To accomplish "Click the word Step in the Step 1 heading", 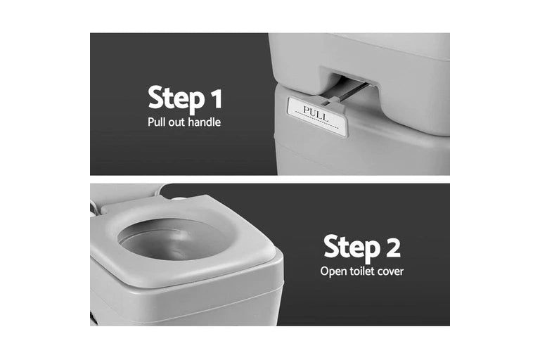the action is pos(176,99).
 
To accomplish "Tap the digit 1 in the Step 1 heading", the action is pos(217,98).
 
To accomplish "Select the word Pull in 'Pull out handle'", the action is pos(156,122).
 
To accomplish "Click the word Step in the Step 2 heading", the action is pos(352,247).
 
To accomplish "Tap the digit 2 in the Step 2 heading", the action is pos(393,247).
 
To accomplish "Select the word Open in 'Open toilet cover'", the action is pos(333,271).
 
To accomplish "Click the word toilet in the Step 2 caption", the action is pos(362,271).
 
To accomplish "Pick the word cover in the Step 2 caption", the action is pos(390,272).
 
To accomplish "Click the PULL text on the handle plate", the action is pos(315,114).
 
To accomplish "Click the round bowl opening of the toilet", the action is pos(172,239).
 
